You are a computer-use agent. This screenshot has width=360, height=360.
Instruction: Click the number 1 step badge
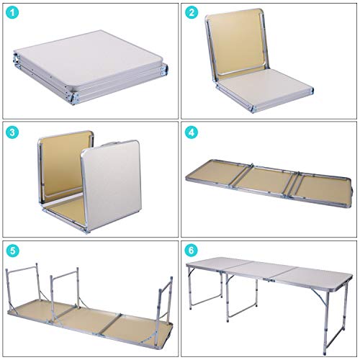coord(12,13)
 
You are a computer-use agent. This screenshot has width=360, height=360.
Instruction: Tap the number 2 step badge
coord(192,13)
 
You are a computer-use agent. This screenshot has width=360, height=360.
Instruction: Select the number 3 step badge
coord(12,132)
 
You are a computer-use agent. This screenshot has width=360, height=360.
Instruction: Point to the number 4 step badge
coord(192,132)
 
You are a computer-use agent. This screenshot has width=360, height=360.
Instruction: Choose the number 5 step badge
coord(12,251)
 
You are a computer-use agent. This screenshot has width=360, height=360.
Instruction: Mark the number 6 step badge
coord(192,251)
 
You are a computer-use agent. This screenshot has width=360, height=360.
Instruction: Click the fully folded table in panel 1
coord(91,67)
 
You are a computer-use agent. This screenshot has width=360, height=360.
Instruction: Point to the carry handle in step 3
coord(110,143)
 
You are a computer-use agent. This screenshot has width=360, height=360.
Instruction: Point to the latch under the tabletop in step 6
coord(269,280)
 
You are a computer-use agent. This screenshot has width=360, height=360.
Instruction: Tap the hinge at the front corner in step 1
coord(75,99)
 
